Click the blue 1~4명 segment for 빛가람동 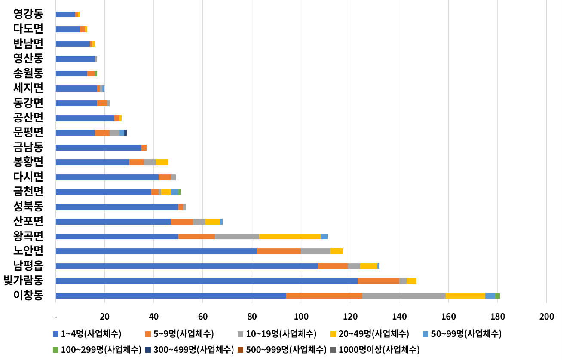[x=206, y=281]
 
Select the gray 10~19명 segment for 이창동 [x=404, y=296]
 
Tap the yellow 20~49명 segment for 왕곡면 [x=290, y=236]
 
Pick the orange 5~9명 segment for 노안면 [x=278, y=251]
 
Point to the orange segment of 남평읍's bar [x=333, y=266]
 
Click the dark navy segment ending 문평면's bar [x=125, y=133]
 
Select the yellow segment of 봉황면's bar [x=162, y=162]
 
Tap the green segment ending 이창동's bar [x=497, y=296]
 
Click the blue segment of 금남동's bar [x=98, y=148]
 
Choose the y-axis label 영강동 [x=28, y=14]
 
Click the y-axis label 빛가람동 [x=23, y=281]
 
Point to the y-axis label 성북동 [x=28, y=207]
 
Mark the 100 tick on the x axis [x=301, y=317]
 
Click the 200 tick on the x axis [x=546, y=317]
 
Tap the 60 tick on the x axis [x=203, y=317]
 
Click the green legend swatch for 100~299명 [x=55, y=350]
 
